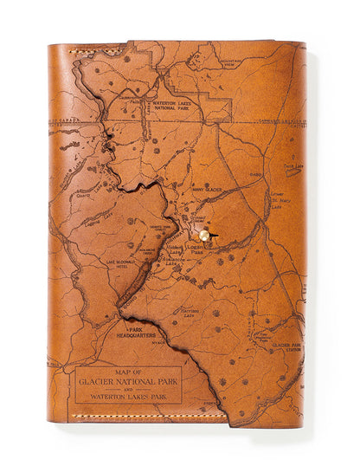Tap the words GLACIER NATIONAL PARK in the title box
pos(128,381)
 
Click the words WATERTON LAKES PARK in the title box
pos(128,398)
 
